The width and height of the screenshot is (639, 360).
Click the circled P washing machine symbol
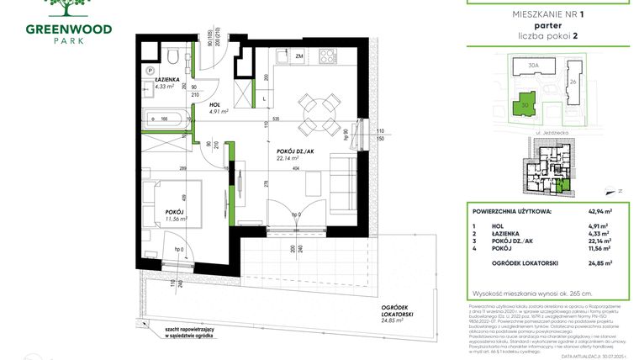pos(149,71)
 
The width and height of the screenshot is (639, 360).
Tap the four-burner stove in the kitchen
pos(328,57)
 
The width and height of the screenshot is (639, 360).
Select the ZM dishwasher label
pos(299,56)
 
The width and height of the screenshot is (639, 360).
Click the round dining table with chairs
pos(315,111)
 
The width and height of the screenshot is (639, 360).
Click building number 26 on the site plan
pos(572,82)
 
